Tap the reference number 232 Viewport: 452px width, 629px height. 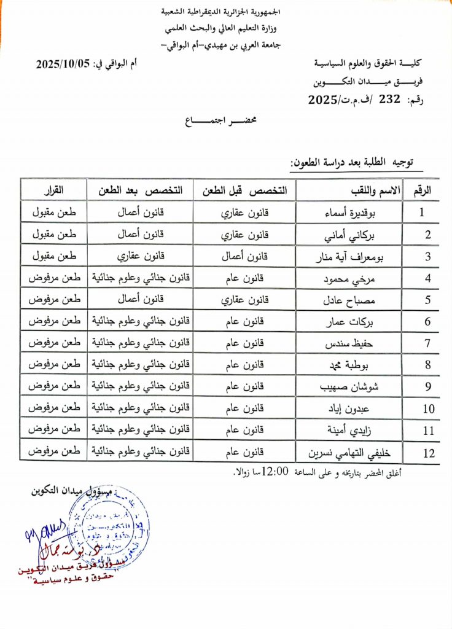(390, 99)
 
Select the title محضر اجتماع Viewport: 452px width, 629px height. (226, 122)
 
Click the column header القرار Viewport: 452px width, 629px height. (52, 190)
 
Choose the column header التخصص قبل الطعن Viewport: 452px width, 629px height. (245, 190)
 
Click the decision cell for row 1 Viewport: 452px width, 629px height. (52, 213)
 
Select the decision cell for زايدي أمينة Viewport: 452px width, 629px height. (52, 431)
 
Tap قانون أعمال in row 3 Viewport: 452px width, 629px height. (244, 256)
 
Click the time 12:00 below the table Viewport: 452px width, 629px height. (275, 472)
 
